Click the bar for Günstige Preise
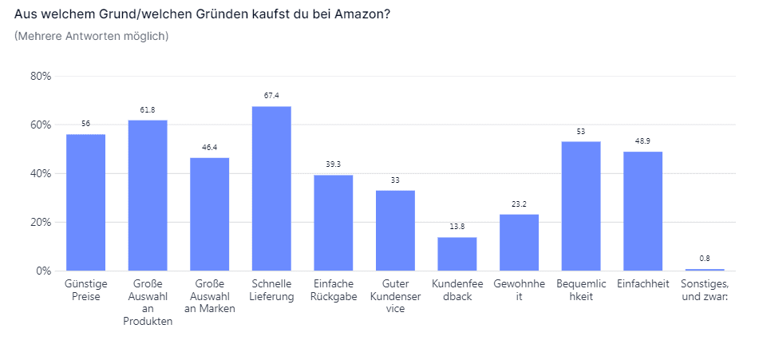tap(85, 203)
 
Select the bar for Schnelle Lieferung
tap(271, 188)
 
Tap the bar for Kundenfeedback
tap(457, 254)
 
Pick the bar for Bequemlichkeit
tap(581, 206)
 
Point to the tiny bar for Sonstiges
tap(705, 270)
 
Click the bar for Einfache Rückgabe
tap(334, 223)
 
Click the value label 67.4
tap(271, 96)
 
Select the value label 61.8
tap(148, 109)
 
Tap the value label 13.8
tap(457, 227)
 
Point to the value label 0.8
tap(705, 259)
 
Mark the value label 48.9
tap(642, 140)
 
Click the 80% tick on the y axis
tap(41, 77)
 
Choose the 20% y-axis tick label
tap(41, 223)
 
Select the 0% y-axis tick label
tap(44, 271)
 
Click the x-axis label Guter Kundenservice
tap(395, 296)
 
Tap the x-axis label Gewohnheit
tap(519, 290)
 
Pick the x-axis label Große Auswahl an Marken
tap(210, 296)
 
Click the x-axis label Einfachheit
tap(642, 283)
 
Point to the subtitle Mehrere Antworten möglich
tap(92, 36)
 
